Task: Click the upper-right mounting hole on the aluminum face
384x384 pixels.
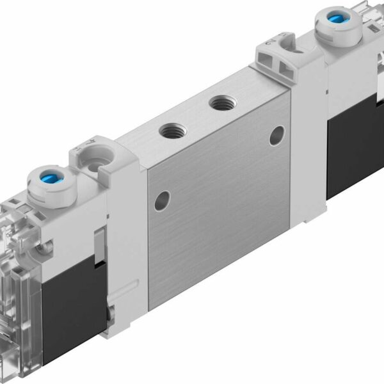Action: (276, 134)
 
